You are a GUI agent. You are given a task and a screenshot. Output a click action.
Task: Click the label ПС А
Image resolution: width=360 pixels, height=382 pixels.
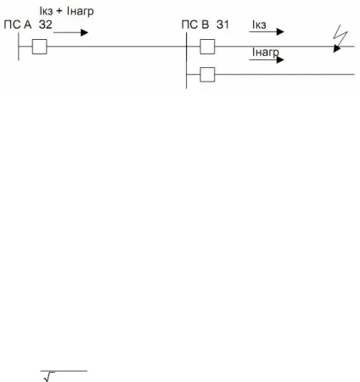[x=18, y=25]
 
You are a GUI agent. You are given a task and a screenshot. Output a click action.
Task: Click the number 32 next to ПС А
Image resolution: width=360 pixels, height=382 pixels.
[x=46, y=25]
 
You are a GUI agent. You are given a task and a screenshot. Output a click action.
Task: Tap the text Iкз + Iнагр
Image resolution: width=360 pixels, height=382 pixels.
[x=66, y=11]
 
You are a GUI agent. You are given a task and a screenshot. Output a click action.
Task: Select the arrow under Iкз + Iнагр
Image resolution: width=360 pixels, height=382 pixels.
[x=70, y=32]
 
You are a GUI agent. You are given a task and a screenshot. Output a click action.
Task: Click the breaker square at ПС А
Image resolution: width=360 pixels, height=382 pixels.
[x=40, y=47]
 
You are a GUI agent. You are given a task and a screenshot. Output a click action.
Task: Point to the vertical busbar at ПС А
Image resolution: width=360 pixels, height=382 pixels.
[x=19, y=47]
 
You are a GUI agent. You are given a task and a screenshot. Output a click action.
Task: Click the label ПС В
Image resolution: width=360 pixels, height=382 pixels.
[x=195, y=25]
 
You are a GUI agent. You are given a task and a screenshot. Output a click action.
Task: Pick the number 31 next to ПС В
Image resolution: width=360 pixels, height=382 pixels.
[x=222, y=25]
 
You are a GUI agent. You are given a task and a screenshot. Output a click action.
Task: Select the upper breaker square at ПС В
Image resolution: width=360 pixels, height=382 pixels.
[x=207, y=47]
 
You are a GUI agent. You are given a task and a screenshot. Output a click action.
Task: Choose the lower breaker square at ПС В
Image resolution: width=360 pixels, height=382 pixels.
[x=207, y=75]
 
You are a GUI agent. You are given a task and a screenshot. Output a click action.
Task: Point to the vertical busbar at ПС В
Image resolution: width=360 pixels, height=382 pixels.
[x=187, y=60]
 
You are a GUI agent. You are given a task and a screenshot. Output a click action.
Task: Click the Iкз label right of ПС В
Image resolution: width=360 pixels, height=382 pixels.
[x=259, y=25]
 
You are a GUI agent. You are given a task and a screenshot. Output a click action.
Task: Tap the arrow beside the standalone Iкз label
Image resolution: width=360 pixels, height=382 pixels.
[x=267, y=31]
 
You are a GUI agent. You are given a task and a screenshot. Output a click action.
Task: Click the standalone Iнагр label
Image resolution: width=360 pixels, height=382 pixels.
[x=266, y=53]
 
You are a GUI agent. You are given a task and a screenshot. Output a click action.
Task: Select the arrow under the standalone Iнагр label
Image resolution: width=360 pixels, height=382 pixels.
[x=267, y=59]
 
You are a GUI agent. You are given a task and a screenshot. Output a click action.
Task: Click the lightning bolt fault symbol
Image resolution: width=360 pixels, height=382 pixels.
[x=340, y=35]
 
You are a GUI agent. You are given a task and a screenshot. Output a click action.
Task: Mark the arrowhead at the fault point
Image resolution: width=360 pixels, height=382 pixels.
[x=336, y=48]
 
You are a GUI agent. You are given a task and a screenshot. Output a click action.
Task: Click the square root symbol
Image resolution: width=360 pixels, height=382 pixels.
[x=49, y=377]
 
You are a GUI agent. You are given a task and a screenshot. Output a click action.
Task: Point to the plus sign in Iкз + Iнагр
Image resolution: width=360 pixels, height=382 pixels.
[x=59, y=12]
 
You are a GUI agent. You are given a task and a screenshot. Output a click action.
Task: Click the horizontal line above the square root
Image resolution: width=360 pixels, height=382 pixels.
[x=64, y=371]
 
